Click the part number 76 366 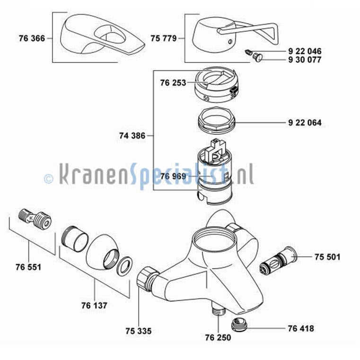coord(32,38)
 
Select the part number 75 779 coord(164,38)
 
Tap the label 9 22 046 coord(305,51)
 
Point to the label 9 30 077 coord(305,60)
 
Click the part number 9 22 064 coord(305,123)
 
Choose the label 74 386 coord(132,136)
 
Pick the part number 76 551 coord(28,267)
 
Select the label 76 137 coord(94,306)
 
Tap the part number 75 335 coord(139,331)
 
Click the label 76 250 coord(218,337)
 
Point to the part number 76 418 coord(301,329)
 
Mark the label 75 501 coord(327,257)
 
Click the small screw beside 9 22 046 coord(248,52)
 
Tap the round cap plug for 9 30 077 coord(258,57)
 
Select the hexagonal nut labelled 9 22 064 coord(216,120)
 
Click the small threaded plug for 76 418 coord(239,325)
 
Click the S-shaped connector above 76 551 coord(35,217)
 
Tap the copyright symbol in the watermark coord(48,178)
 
